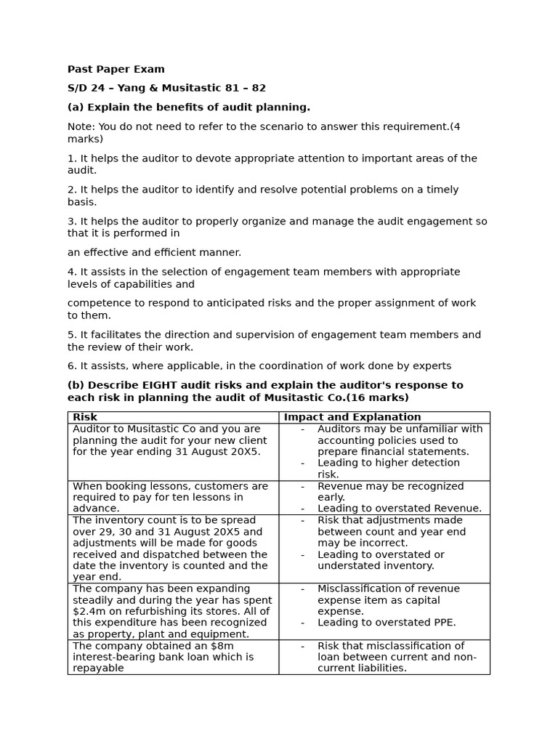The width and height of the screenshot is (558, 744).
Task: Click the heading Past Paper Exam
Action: click(116, 70)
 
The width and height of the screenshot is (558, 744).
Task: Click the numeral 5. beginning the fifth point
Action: click(72, 335)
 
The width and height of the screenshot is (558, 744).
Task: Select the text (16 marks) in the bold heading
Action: click(378, 398)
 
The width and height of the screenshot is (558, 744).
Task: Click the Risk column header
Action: click(85, 417)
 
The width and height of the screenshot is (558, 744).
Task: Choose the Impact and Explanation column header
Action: click(352, 417)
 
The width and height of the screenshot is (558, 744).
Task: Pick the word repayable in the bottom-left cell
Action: click(98, 668)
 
